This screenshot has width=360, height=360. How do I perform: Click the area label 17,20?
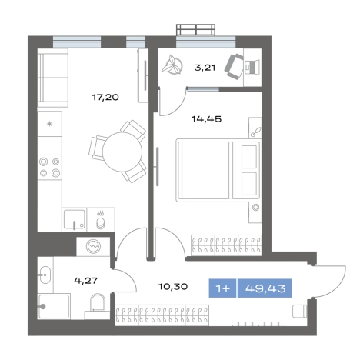[105, 98]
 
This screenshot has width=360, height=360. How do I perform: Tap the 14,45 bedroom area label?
[206, 119]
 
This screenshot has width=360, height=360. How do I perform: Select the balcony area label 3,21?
[205, 68]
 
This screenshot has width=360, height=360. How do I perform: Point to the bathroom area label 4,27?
[86, 281]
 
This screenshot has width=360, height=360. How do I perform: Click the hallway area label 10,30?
[173, 286]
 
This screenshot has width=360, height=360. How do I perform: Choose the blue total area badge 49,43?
[265, 288]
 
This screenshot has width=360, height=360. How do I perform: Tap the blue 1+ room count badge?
[222, 288]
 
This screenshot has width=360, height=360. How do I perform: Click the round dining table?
[122, 152]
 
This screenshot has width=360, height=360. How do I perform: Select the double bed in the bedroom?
[218, 170]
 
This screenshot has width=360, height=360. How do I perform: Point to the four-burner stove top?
[49, 167]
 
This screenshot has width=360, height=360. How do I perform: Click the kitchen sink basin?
[75, 219]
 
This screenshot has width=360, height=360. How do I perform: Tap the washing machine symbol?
[93, 246]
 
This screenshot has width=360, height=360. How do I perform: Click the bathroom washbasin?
[45, 275]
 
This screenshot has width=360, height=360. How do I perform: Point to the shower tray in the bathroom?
[54, 306]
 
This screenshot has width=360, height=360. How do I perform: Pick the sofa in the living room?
[53, 78]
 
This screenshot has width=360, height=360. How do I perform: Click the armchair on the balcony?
[234, 67]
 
